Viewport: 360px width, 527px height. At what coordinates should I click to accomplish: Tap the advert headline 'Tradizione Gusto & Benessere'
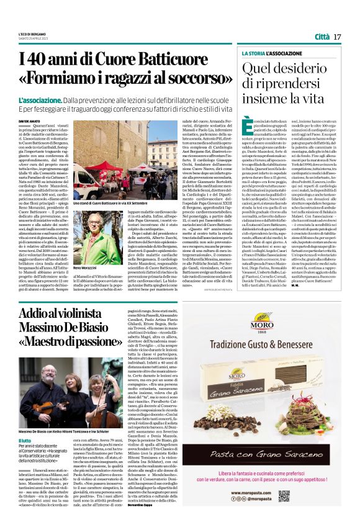coord(297,343)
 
